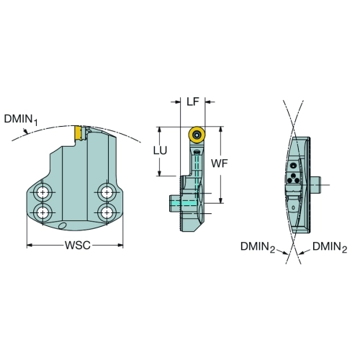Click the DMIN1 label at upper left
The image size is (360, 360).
(x=21, y=120)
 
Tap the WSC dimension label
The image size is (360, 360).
(x=78, y=246)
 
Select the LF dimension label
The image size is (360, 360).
(x=193, y=102)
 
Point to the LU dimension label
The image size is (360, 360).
(x=160, y=150)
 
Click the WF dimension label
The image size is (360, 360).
(x=219, y=163)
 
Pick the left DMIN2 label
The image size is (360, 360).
(x=258, y=247)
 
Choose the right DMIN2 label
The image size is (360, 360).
(x=330, y=247)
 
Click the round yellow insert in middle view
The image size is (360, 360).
(x=197, y=135)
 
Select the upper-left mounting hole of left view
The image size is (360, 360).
(x=42, y=192)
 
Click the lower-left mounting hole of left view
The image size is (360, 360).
(x=42, y=212)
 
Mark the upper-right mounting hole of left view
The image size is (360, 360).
(x=107, y=192)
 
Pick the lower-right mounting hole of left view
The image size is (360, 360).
(x=107, y=212)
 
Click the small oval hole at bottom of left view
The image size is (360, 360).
(x=62, y=225)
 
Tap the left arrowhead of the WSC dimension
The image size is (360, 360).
(x=30, y=245)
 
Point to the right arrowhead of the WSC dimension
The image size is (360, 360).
(x=120, y=245)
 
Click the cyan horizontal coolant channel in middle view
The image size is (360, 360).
(x=184, y=203)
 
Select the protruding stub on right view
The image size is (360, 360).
(x=315, y=185)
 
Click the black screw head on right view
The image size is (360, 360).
(x=293, y=166)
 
